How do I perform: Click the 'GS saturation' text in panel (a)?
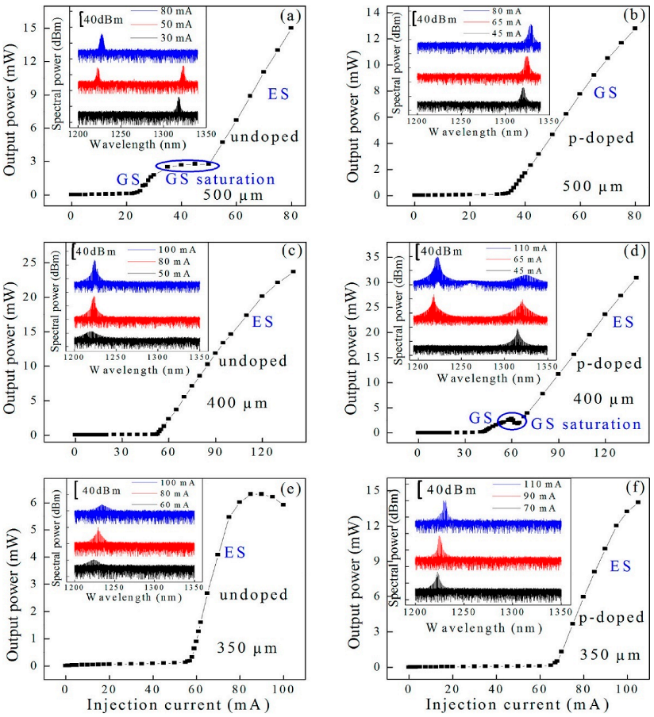pyautogui.click(x=220, y=178)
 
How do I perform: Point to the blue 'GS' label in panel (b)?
pyautogui.click(x=606, y=93)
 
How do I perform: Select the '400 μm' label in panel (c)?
pyautogui.click(x=237, y=404)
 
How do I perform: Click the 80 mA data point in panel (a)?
pyautogui.click(x=291, y=28)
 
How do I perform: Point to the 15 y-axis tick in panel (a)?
pyautogui.click(x=46, y=28)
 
